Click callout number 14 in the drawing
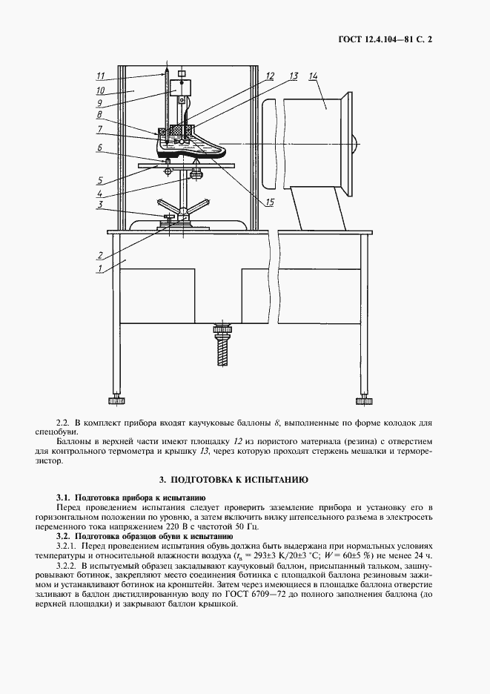click(313, 77)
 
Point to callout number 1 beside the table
click(99, 270)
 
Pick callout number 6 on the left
click(99, 148)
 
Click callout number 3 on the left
click(99, 204)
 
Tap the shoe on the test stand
click(194, 145)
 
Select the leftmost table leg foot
click(116, 401)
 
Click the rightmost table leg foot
click(365, 401)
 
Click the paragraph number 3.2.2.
click(71, 564)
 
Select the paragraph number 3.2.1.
click(71, 545)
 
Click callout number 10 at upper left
click(101, 90)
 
